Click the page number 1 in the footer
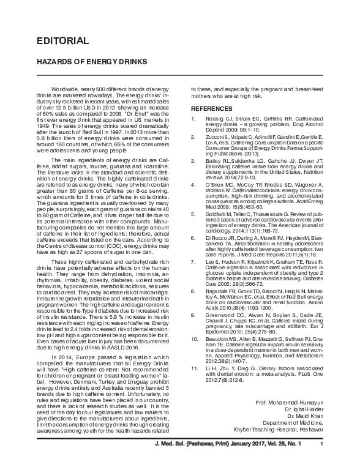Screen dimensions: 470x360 coord(322,453)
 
